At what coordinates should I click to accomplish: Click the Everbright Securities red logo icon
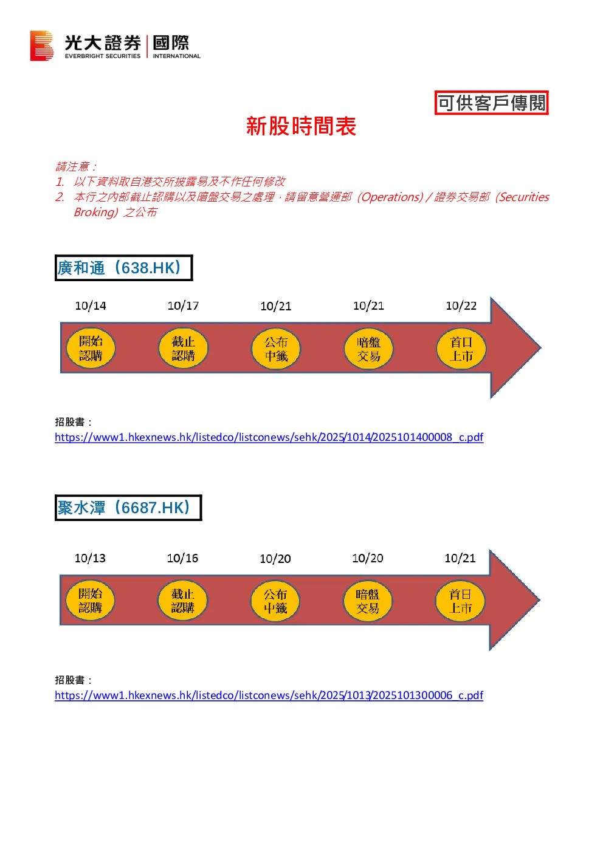tap(42, 46)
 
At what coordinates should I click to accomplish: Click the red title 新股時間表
tap(301, 126)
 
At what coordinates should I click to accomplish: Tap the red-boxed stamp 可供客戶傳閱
tap(492, 103)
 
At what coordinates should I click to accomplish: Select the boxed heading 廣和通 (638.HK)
tap(124, 268)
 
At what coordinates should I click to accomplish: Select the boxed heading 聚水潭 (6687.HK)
tap(128, 508)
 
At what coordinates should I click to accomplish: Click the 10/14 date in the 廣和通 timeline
tap(91, 306)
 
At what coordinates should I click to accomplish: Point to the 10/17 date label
tap(183, 306)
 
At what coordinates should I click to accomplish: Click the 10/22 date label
tap(461, 306)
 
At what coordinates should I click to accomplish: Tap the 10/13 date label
tap(90, 558)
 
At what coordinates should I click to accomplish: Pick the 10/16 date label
tap(182, 558)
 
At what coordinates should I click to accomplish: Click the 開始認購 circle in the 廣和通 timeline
tap(91, 349)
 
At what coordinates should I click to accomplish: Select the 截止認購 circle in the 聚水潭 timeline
tap(183, 601)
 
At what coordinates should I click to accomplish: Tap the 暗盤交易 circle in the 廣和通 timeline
tap(368, 349)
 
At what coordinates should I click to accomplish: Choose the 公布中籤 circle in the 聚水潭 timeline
tap(275, 601)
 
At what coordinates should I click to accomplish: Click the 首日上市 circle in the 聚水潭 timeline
tap(460, 601)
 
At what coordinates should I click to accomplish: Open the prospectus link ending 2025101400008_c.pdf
tap(269, 437)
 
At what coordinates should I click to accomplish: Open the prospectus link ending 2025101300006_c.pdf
tap(269, 695)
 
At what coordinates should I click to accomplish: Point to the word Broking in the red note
tap(95, 212)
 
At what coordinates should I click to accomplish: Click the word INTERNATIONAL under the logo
tap(177, 56)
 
